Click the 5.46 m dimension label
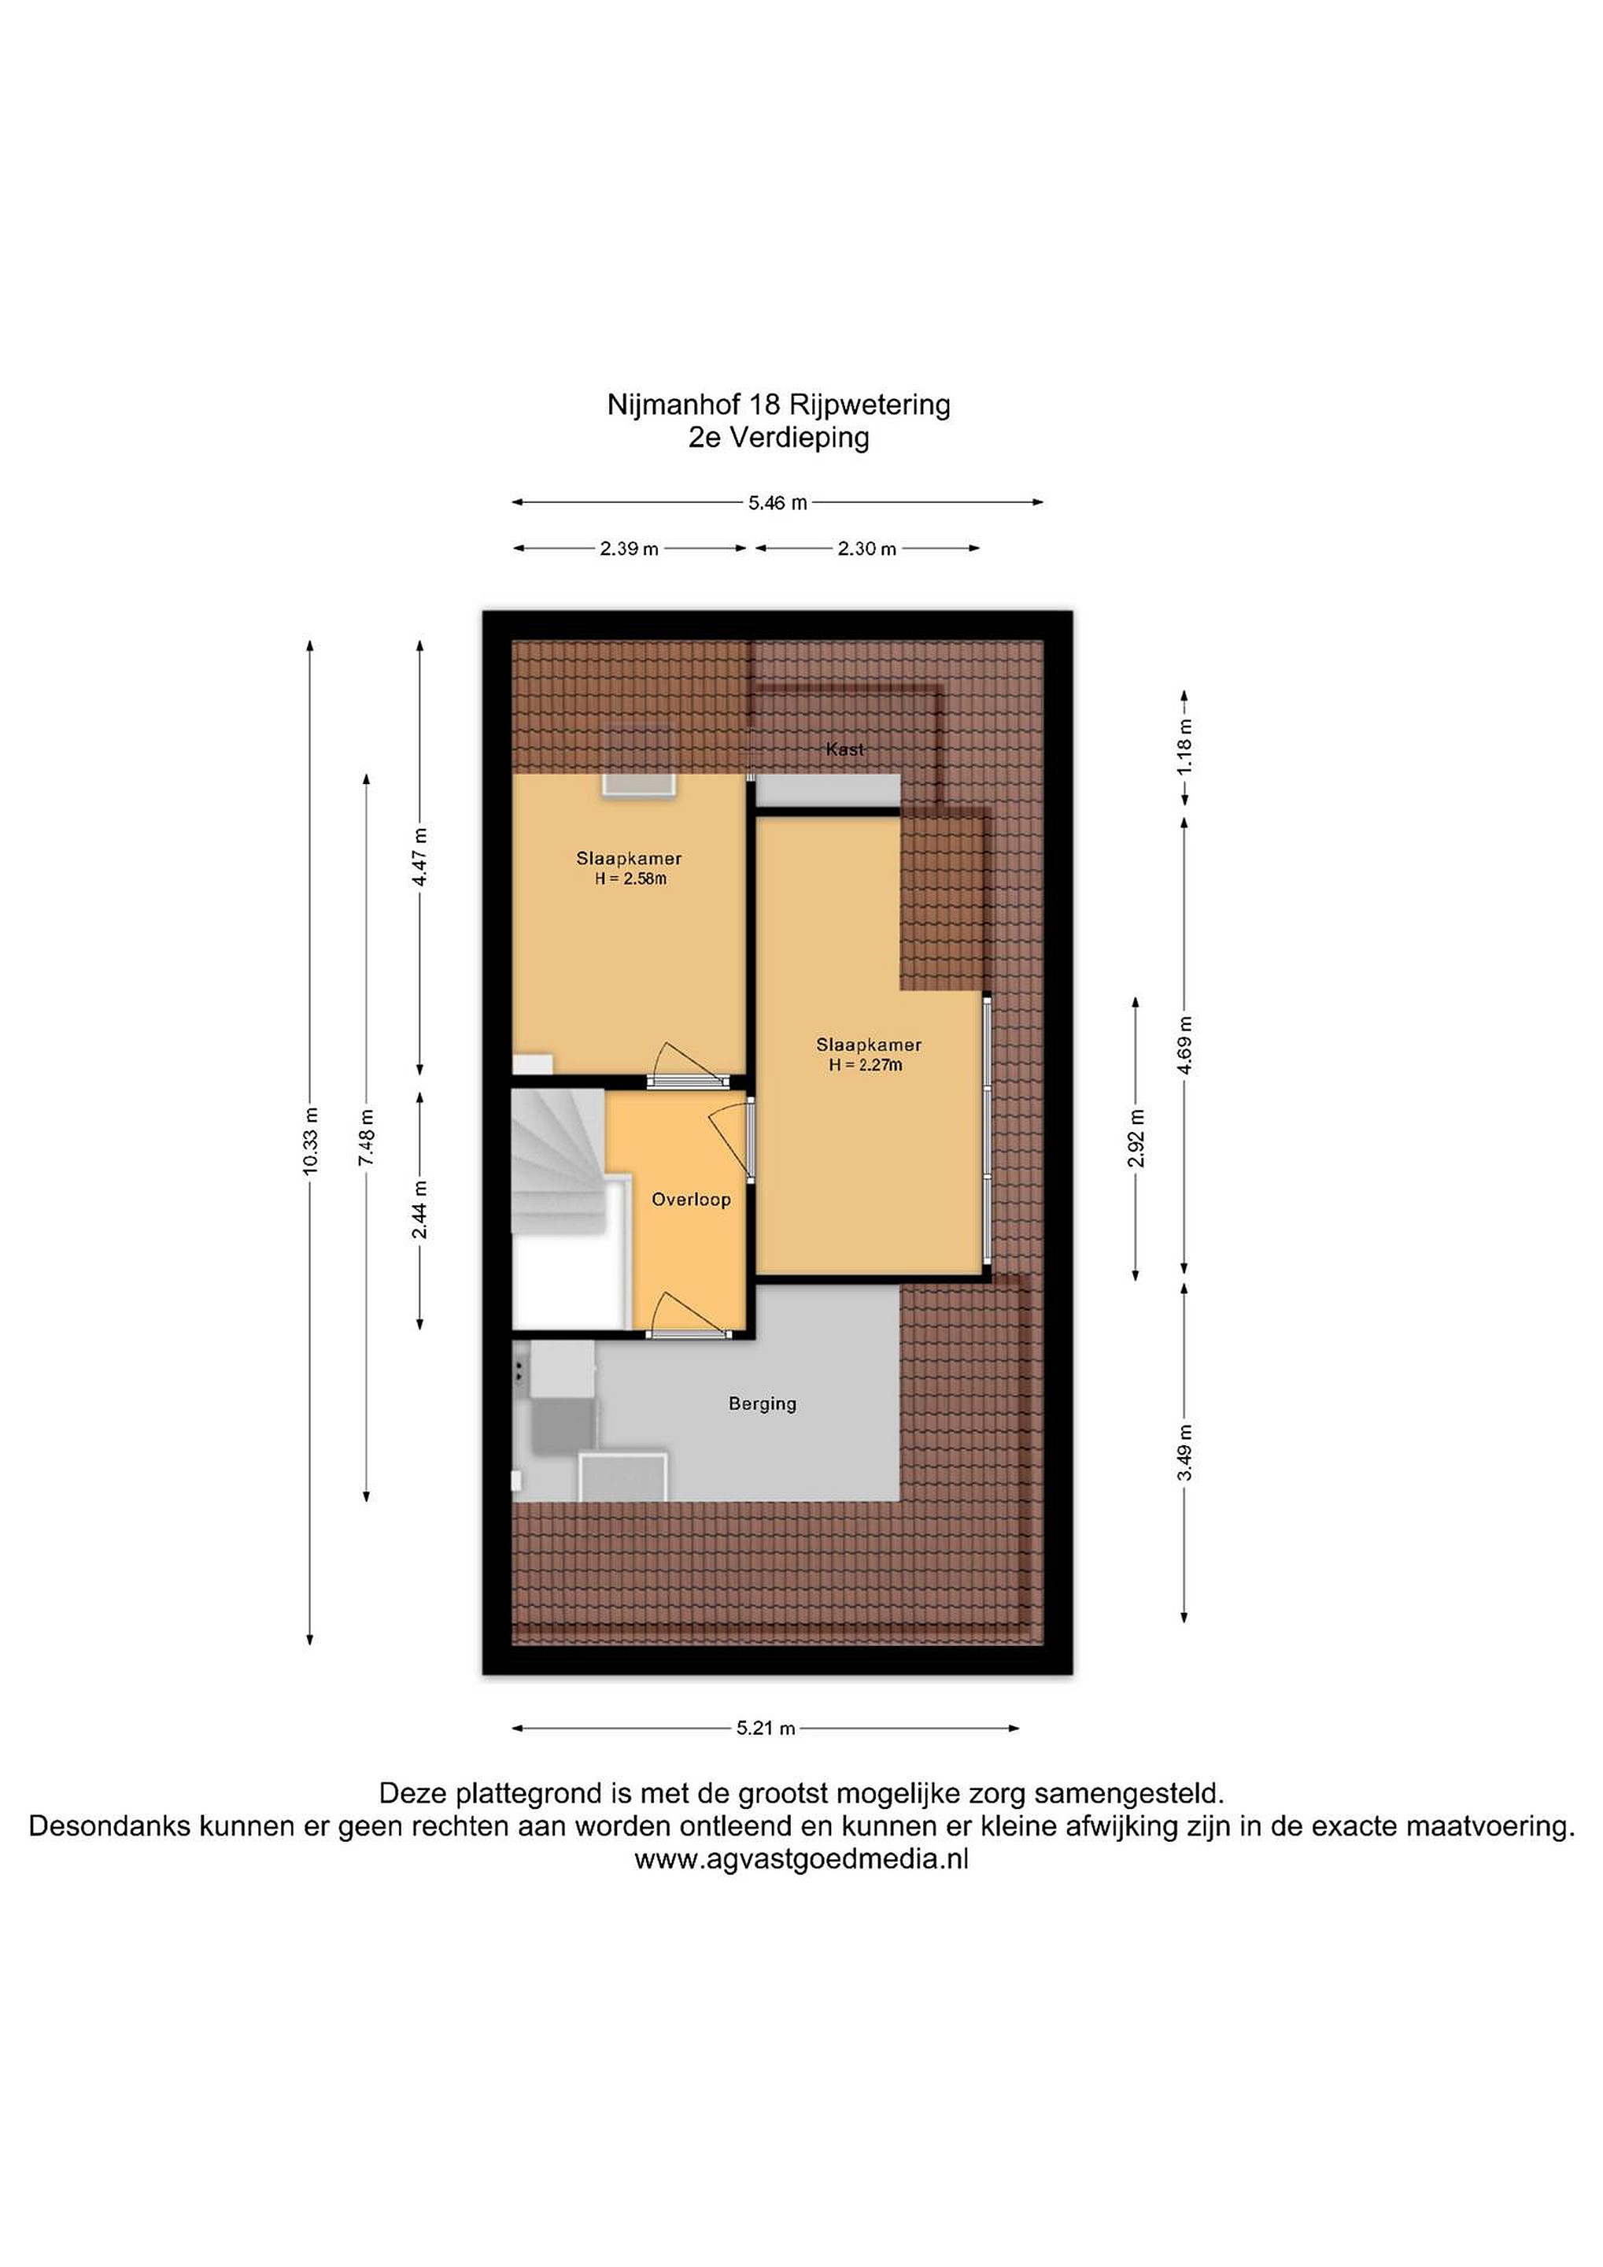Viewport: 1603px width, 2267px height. click(x=777, y=502)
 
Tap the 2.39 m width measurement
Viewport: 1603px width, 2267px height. click(x=629, y=549)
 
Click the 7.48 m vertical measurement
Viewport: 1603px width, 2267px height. click(x=366, y=1137)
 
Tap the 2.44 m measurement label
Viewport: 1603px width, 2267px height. click(x=419, y=1210)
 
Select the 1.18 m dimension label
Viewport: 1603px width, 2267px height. click(x=1184, y=745)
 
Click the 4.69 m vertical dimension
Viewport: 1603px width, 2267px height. click(x=1184, y=1045)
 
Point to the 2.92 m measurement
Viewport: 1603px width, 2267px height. click(x=1136, y=1137)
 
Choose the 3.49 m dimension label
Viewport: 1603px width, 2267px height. click(x=1184, y=1452)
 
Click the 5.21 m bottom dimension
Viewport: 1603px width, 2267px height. click(x=766, y=1729)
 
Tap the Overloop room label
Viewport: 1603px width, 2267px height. click(x=691, y=1200)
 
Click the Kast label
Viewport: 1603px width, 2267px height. click(x=845, y=749)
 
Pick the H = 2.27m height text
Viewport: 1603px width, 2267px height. click(x=866, y=1065)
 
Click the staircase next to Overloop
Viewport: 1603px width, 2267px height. click(x=559, y=1161)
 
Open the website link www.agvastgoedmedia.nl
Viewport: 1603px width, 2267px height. click(x=801, y=1859)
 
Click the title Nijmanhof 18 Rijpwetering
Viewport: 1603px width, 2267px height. click(x=779, y=405)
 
